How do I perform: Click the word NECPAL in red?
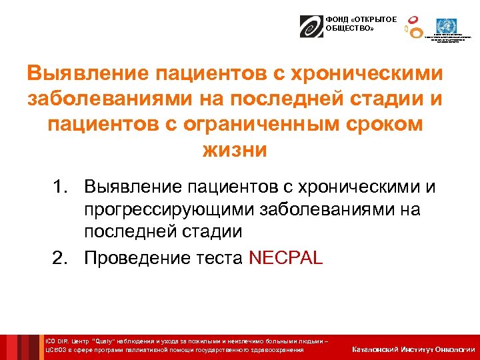(x=285, y=258)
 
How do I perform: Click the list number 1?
(x=60, y=187)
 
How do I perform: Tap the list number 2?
(x=60, y=258)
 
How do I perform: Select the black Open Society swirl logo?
(x=311, y=26)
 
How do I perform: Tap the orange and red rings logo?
(x=414, y=27)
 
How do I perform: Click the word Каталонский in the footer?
(x=376, y=349)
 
